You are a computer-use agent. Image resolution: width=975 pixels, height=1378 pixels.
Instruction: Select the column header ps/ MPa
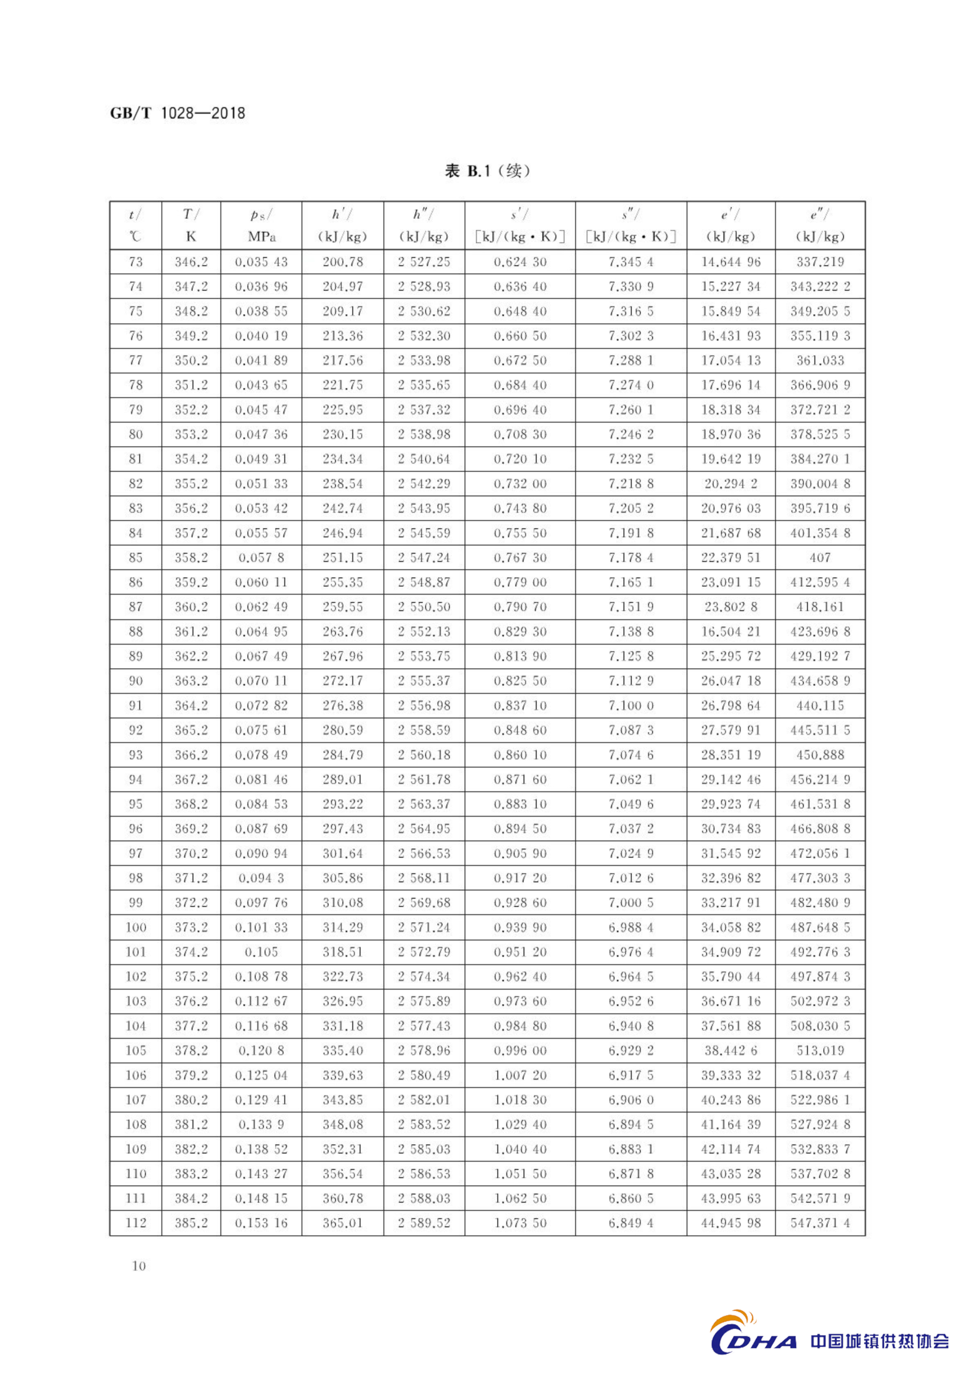(x=261, y=225)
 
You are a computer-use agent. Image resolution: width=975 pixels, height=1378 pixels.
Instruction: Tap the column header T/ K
(x=191, y=225)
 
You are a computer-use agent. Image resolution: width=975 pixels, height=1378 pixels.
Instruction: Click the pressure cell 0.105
(x=261, y=952)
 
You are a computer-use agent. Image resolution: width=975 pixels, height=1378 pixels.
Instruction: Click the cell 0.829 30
(x=520, y=631)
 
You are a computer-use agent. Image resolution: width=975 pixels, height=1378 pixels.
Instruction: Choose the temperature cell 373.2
(x=191, y=927)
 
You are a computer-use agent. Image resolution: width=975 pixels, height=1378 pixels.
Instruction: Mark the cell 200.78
(x=342, y=262)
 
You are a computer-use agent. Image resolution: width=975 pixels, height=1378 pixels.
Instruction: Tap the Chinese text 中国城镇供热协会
(x=880, y=1341)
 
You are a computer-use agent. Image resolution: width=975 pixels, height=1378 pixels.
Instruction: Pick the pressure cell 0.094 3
(x=261, y=878)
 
